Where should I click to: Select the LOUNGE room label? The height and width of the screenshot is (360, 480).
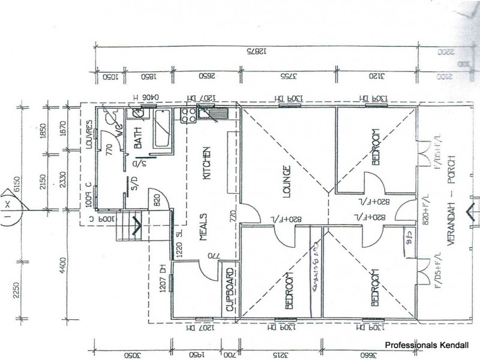(286, 182)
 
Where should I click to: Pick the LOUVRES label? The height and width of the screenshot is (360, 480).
(89, 133)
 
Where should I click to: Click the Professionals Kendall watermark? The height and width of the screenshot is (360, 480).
(430, 346)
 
